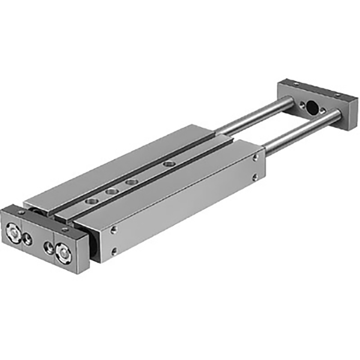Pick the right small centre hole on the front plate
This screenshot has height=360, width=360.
49,247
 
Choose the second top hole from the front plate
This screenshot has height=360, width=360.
110,191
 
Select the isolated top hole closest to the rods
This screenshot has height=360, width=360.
170,163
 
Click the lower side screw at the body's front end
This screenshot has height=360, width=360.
115,251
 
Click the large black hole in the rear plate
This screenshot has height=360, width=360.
312,108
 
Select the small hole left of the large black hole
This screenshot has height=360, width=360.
297,103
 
